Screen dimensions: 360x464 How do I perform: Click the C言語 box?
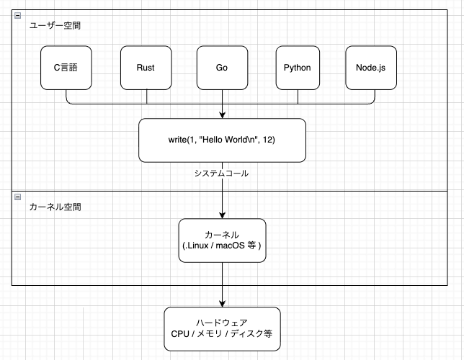click(66, 68)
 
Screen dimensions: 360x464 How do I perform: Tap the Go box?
click(222, 68)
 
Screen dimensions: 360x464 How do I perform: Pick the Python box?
click(297, 68)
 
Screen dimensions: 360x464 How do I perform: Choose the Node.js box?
click(371, 68)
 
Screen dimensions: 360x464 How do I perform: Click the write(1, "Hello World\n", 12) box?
click(222, 140)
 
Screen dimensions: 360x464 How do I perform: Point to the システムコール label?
click(221, 174)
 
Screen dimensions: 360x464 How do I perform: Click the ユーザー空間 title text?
click(55, 25)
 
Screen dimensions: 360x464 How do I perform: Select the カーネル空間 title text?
click(55, 207)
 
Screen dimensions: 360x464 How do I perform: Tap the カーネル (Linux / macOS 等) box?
click(222, 240)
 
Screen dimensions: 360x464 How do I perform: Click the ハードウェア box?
click(221, 329)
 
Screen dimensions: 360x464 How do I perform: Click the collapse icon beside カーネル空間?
click(18, 197)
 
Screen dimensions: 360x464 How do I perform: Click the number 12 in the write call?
click(269, 140)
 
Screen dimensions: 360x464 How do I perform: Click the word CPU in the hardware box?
click(180, 335)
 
